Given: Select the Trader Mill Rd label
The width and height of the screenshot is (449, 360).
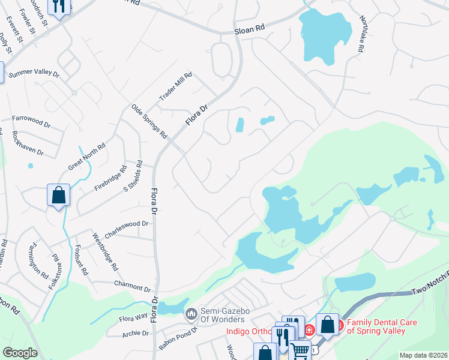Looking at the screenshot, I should coord(175,87).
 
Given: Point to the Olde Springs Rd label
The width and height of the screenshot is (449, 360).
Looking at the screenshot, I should coord(149,122).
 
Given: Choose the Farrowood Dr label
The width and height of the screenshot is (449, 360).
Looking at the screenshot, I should coord(31,121).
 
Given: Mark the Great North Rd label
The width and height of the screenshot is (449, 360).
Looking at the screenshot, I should coord(87,156).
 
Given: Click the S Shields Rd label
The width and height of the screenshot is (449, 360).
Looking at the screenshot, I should coord(132,176).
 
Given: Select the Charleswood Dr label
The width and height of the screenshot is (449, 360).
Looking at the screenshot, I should coord(127,224).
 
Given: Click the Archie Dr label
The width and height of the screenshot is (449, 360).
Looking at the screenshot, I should coord(135,334).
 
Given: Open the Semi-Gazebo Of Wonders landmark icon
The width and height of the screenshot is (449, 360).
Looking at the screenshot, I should coord(191,314).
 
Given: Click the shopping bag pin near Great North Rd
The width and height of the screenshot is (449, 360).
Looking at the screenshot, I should coord(59,195).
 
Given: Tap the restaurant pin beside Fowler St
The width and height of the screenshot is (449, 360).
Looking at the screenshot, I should coord(59,7).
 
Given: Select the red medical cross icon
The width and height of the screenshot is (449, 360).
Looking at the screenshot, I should coord(309,329).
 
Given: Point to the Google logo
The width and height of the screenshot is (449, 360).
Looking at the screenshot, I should coord(20,353).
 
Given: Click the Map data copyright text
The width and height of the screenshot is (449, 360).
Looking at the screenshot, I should coord(422,355).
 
